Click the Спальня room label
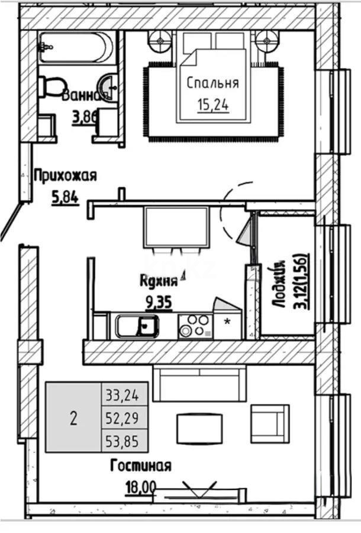pyautogui.click(x=213, y=83)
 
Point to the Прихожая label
pyautogui.click(x=65, y=175)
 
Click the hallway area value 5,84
pyautogui.click(x=65, y=198)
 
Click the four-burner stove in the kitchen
pyautogui.click(x=194, y=326)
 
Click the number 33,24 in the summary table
pyautogui.click(x=124, y=393)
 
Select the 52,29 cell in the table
pyautogui.click(x=124, y=418)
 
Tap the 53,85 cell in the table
pyautogui.click(x=124, y=441)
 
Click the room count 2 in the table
pyautogui.click(x=73, y=418)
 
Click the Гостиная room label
pyautogui.click(x=141, y=466)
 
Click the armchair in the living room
pyautogui.click(x=269, y=423)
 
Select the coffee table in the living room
pyautogui.click(x=199, y=428)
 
